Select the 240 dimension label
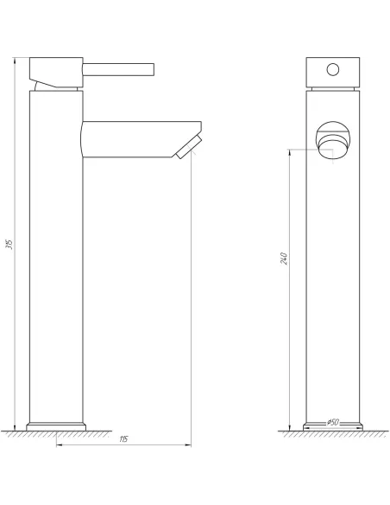[x=284, y=259]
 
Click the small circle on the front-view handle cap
[x=331, y=67]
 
